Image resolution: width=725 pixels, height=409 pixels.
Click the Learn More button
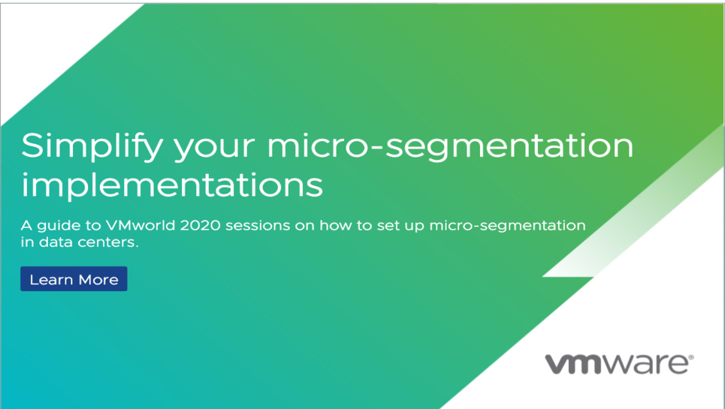pyautogui.click(x=74, y=279)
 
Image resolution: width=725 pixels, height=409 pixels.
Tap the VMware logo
pyautogui.click(x=619, y=364)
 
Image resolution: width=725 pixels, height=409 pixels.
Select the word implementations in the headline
pyautogui.click(x=172, y=185)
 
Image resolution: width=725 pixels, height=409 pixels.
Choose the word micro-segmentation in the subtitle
pyautogui.click(x=507, y=226)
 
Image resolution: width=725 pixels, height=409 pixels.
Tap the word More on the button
pyautogui.click(x=98, y=280)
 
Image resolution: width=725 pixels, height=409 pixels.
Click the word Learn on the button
pyautogui.click(x=51, y=280)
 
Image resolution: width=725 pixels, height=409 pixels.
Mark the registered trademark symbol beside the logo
pyautogui.click(x=691, y=356)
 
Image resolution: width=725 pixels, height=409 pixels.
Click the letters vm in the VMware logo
pyautogui.click(x=574, y=364)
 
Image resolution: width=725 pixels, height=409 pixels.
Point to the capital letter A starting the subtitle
pyautogui.click(x=26, y=225)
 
